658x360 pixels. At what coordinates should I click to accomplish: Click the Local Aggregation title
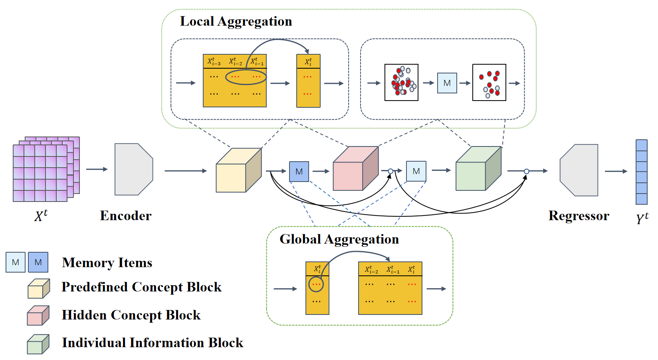236,22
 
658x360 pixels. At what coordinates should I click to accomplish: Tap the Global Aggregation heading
339,239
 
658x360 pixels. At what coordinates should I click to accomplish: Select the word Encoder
126,216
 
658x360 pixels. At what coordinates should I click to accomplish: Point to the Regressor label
579,216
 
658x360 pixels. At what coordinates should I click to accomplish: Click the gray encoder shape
134,170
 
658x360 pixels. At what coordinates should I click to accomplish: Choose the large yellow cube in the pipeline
239,170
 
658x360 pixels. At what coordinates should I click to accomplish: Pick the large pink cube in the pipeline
356,168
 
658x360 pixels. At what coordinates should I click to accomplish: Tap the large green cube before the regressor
478,168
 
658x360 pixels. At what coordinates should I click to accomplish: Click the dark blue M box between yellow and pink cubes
299,172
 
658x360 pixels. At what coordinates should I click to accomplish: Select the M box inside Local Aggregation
447,83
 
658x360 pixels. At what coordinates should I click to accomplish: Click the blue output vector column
642,172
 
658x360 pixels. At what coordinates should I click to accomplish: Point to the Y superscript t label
642,218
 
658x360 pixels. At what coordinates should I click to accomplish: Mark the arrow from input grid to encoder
97,169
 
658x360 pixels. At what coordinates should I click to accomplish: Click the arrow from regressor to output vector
616,171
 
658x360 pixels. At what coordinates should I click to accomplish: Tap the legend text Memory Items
107,263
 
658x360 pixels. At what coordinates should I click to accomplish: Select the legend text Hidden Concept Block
131,315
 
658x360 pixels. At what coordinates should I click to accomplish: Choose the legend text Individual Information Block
153,343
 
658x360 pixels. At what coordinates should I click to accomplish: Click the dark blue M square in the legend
38,262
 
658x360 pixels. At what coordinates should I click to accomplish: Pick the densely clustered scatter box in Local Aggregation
401,83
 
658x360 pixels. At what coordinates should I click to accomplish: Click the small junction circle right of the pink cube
390,171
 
